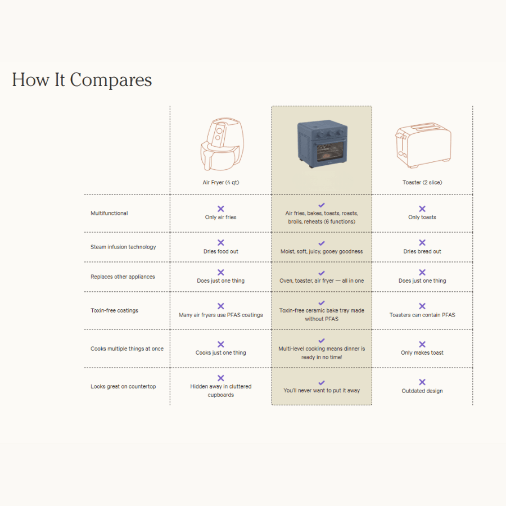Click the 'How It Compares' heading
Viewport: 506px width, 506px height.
[x=82, y=79]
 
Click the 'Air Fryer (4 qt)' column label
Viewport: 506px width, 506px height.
[x=220, y=183]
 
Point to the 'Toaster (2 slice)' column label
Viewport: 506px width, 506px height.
[x=422, y=183]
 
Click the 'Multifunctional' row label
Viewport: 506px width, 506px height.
[x=109, y=213]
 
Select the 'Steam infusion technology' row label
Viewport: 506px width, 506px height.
[x=123, y=247]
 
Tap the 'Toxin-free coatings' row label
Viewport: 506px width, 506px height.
[x=114, y=310]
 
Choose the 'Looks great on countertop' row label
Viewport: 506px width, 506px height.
[x=123, y=386]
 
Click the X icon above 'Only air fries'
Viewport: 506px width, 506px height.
[x=220, y=209]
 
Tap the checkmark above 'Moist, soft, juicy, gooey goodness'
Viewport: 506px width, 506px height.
[x=322, y=243]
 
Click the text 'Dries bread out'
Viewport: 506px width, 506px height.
[x=422, y=251]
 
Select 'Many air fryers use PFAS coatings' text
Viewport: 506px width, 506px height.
[x=220, y=315]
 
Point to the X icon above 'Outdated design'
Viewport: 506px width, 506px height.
[x=422, y=382]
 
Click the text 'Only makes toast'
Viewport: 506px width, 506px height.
[x=422, y=353]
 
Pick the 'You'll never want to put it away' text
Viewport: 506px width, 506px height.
[x=322, y=390]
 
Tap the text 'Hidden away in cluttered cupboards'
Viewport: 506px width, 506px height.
[x=220, y=390]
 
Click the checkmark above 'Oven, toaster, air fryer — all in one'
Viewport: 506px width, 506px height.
[x=322, y=273]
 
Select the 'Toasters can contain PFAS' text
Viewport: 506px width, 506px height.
[x=422, y=315]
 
